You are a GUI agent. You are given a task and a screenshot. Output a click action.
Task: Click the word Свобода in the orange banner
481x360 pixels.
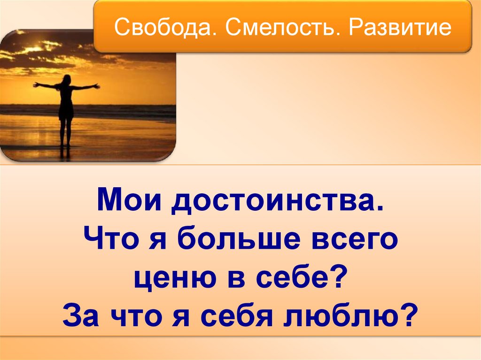click(x=163, y=27)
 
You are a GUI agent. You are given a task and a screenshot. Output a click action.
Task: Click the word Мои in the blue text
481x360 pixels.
click(x=129, y=200)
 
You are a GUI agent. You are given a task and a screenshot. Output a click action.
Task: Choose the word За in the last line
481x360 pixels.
click(x=80, y=314)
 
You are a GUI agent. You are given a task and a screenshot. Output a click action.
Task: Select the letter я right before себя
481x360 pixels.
click(x=181, y=318)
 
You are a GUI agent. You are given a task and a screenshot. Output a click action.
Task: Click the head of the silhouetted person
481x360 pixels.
click(x=67, y=79)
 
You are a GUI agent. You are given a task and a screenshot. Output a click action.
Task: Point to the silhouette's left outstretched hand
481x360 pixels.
click(x=36, y=84)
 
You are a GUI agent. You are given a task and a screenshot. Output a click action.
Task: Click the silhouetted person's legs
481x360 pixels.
click(x=65, y=132)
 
